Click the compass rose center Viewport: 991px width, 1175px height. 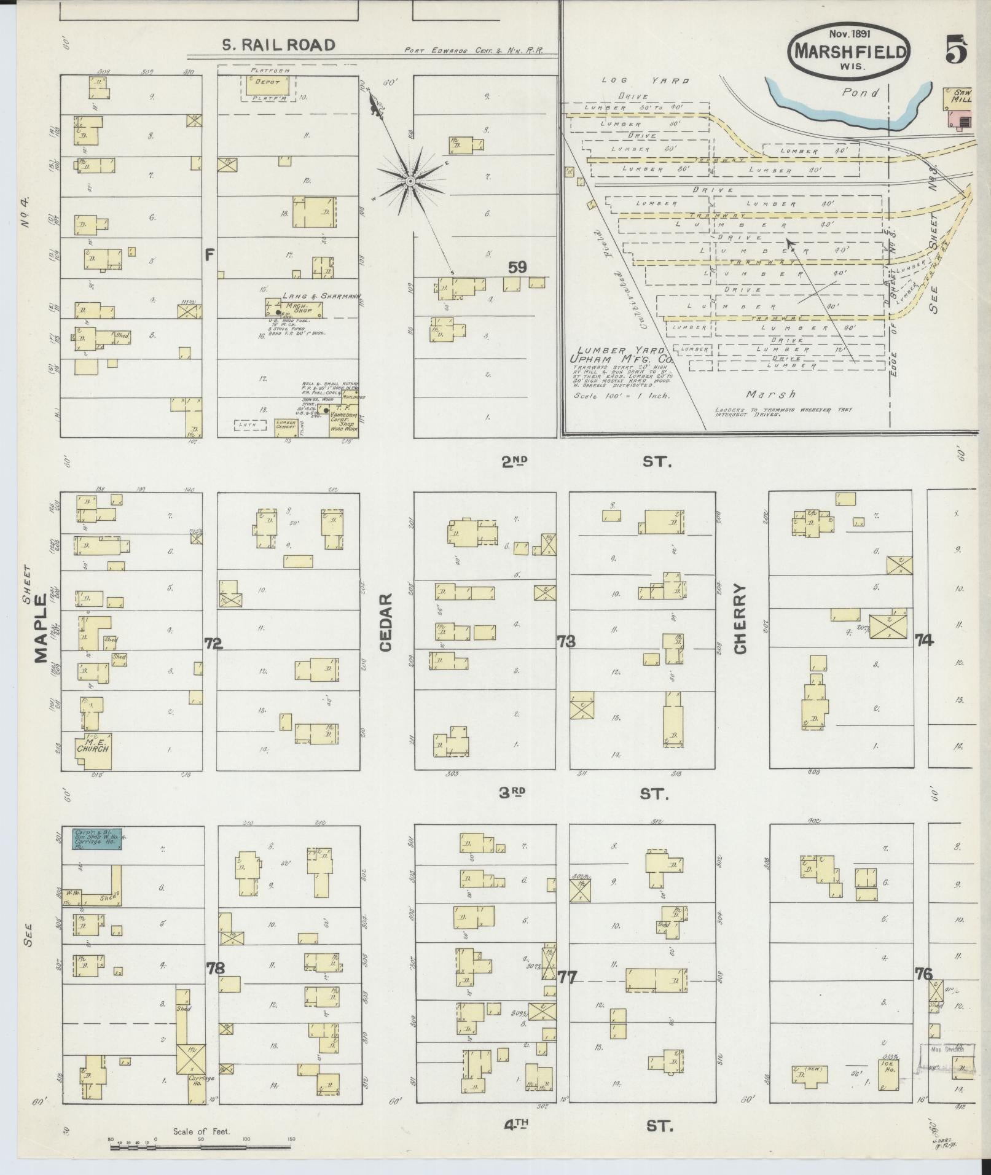[x=410, y=181]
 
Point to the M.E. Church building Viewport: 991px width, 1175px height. [x=93, y=750]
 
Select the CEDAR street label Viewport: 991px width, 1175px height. [x=386, y=622]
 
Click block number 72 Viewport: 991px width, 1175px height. [x=213, y=643]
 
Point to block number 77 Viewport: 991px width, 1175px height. [x=567, y=977]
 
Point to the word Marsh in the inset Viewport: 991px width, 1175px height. [x=771, y=394]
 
